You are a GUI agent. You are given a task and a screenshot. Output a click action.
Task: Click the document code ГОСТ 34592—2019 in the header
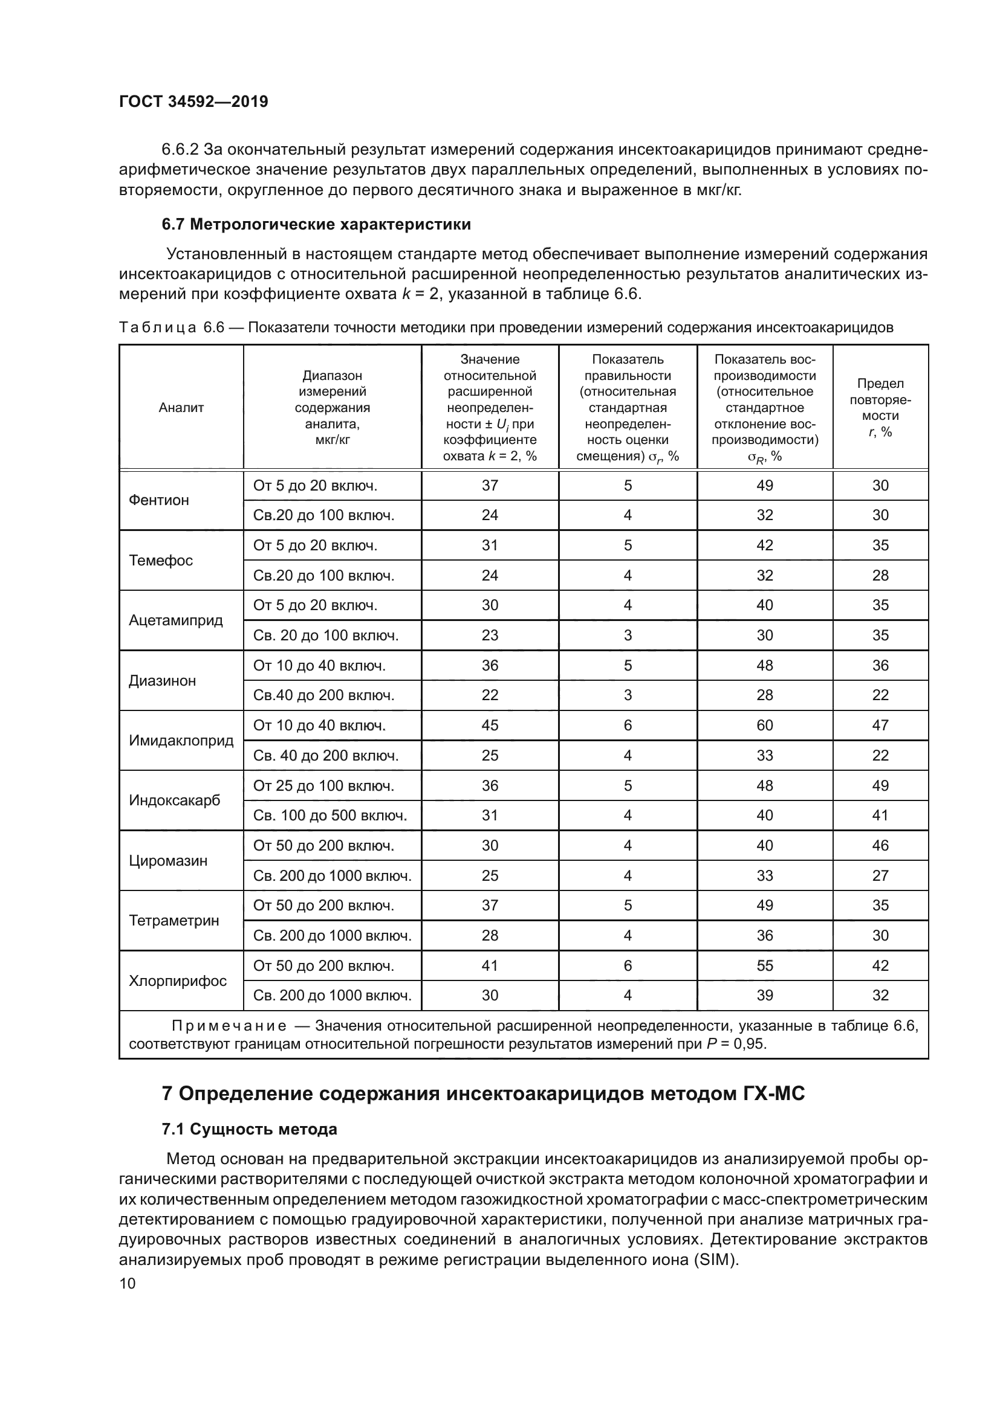point(193,102)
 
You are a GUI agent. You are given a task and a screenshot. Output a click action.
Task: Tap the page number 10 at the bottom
point(127,1283)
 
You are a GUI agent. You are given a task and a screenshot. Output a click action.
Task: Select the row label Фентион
point(158,500)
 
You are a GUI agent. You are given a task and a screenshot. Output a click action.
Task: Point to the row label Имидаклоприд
point(181,741)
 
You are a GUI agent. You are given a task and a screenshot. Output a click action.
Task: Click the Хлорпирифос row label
point(177,981)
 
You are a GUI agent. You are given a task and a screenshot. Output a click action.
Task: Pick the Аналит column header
point(181,407)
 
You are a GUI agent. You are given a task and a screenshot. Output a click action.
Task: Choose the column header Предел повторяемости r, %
point(880,407)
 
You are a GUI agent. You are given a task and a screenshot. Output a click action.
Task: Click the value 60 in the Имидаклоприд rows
point(764,726)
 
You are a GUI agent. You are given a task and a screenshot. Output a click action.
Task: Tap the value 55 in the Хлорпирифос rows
point(764,965)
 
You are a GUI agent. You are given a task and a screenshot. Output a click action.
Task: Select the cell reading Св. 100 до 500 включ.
point(330,816)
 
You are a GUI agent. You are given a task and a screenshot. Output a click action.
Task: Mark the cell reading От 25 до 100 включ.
point(323,786)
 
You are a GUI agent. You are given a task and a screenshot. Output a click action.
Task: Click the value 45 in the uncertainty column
point(490,726)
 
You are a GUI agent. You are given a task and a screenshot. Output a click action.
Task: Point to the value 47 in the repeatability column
point(880,726)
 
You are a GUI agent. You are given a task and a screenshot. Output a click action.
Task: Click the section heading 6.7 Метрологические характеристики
point(316,225)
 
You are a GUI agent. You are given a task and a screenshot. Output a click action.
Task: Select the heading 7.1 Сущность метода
point(249,1129)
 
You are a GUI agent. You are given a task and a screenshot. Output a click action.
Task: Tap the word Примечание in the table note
point(229,1026)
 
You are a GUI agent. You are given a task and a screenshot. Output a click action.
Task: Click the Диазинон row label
point(162,681)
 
